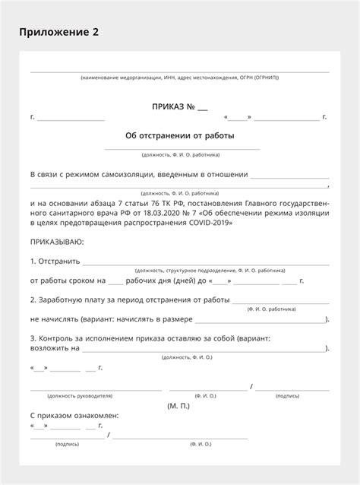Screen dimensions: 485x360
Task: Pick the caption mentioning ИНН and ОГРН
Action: pyautogui.click(x=179, y=78)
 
